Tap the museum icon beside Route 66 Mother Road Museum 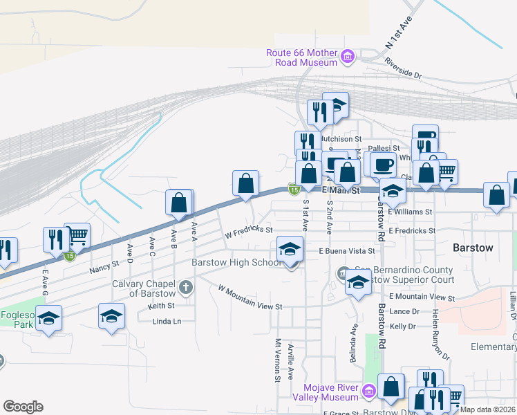348,55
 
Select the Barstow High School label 236,263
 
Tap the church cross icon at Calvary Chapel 185,286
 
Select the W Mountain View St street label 250,297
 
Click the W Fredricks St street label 249,232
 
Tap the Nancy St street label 105,267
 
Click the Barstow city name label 473,248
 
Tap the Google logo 23,407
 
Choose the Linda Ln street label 167,321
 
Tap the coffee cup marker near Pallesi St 382,165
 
